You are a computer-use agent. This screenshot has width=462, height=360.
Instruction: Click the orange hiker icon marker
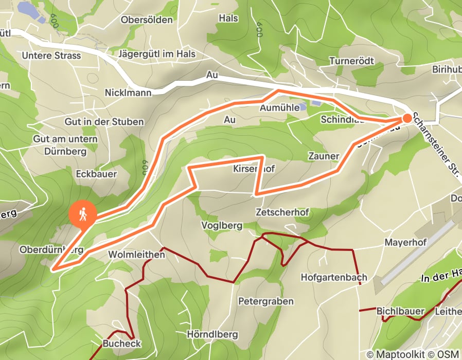point(82,214)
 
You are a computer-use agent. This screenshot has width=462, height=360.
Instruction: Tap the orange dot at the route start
point(407,118)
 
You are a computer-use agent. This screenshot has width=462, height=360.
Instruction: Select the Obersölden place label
point(146,20)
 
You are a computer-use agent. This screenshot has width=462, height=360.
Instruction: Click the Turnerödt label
point(351,61)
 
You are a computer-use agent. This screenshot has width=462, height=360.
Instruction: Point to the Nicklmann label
point(128,93)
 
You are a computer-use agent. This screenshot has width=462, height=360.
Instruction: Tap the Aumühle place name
point(280,109)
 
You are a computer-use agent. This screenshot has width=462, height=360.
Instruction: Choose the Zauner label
point(324,156)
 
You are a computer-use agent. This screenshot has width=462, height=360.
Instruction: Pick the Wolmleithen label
point(136,255)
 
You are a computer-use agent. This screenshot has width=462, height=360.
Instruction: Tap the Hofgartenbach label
point(334,278)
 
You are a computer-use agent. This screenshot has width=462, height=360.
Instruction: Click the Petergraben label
point(265,301)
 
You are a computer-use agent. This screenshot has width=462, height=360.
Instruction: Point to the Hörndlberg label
point(212,334)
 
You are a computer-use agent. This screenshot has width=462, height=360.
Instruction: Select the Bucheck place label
point(122,343)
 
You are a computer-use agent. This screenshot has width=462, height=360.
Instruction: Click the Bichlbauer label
point(400,311)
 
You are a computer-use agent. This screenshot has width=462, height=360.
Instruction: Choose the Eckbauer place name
point(96,174)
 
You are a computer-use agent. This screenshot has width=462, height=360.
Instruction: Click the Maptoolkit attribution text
point(397,354)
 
